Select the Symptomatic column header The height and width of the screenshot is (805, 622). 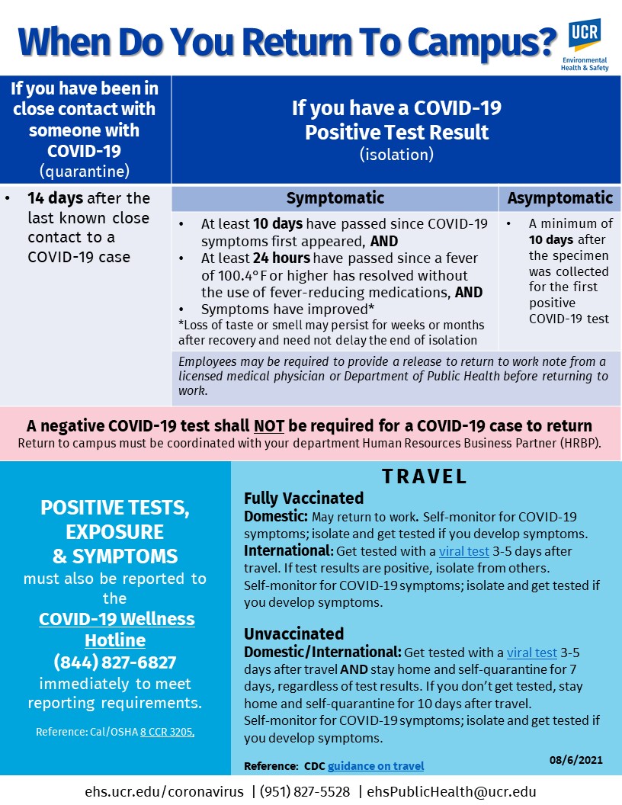tap(335, 198)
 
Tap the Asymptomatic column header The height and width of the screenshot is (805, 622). tap(559, 198)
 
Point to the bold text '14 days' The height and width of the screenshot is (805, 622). tap(56, 198)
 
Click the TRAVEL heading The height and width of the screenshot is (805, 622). tap(424, 477)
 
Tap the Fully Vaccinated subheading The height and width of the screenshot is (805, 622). tap(303, 499)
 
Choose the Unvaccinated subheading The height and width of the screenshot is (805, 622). tap(293, 633)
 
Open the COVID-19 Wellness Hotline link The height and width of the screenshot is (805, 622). tap(117, 629)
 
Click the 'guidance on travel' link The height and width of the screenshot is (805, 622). tap(376, 766)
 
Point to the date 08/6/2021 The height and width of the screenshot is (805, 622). tap(576, 759)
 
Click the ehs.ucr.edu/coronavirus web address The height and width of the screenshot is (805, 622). tap(165, 791)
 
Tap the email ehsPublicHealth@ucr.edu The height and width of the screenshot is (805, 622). tap(451, 791)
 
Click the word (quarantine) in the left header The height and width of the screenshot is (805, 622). tap(85, 169)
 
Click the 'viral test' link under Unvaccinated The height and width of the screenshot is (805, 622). tap(531, 653)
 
